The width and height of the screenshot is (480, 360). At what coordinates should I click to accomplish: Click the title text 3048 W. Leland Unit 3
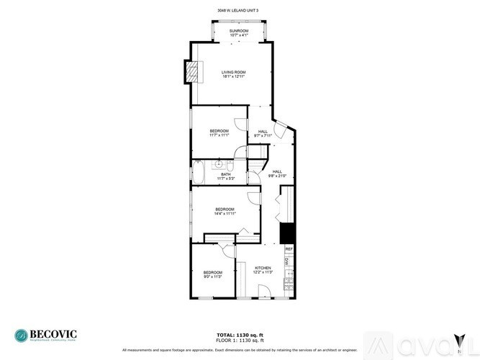(237, 10)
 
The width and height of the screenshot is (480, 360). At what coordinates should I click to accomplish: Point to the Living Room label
(234, 74)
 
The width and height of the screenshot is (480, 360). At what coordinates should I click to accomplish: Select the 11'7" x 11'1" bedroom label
(219, 133)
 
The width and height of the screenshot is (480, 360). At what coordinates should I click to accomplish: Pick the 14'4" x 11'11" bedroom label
(225, 212)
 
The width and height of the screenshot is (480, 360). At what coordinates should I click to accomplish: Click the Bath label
(225, 176)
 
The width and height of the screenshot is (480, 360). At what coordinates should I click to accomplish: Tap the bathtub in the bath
(199, 173)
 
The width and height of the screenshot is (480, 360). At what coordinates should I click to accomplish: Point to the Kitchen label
(263, 270)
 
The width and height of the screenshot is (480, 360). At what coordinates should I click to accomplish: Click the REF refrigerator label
(289, 249)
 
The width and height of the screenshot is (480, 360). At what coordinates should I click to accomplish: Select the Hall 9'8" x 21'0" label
(277, 174)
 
